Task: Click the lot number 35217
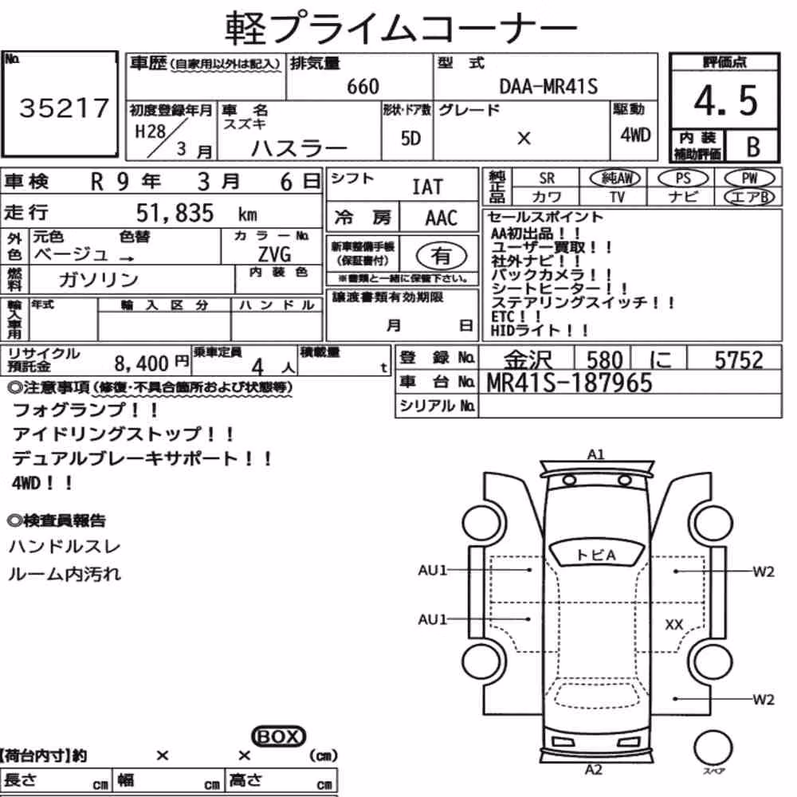click(64, 108)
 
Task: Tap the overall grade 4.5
click(725, 100)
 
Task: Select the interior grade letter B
click(753, 147)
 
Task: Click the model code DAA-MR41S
click(548, 86)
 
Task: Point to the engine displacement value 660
click(363, 86)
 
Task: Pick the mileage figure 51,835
click(175, 213)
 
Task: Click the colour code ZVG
click(274, 253)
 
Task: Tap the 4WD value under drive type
click(635, 135)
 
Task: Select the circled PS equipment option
click(683, 179)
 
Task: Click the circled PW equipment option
click(749, 179)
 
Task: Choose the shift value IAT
click(427, 187)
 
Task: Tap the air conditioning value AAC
click(442, 218)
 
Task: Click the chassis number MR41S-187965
click(569, 383)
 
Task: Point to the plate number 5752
click(739, 360)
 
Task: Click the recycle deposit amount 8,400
click(141, 363)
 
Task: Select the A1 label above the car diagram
click(595, 454)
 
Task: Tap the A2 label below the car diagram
click(594, 770)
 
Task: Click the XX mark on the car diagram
click(674, 625)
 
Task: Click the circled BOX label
click(278, 736)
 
